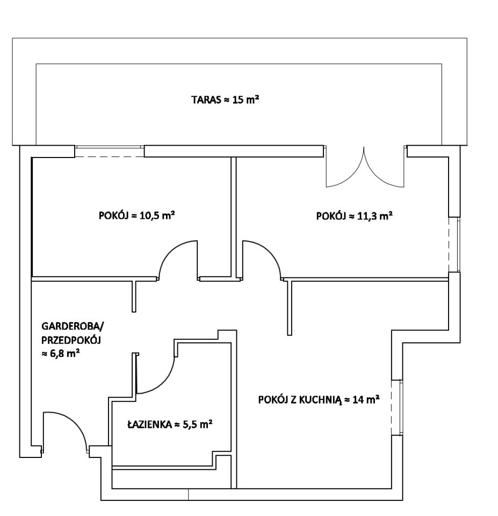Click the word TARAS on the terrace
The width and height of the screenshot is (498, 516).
coord(206,100)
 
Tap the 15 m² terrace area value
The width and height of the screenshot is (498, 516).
coord(246,99)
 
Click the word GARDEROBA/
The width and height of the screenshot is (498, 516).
coord(73,326)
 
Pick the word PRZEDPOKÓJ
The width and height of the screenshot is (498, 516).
coord(71,340)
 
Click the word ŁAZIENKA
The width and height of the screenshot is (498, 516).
coord(150,424)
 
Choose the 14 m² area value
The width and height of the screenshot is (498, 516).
coord(366,399)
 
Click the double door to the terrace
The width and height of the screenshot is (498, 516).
coord(364,167)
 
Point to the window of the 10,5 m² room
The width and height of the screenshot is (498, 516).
coord(110,152)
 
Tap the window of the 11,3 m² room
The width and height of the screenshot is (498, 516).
coord(454,245)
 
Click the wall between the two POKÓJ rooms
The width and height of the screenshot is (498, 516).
coord(234,218)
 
